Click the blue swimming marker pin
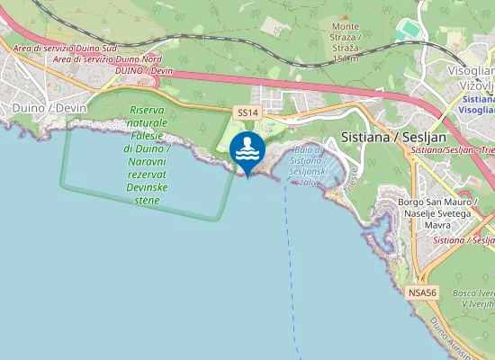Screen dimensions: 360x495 pyautogui.click(x=247, y=150)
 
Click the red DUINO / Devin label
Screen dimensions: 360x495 pyautogui.click(x=143, y=70)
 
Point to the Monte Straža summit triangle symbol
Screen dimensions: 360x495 pyautogui.click(x=346, y=26)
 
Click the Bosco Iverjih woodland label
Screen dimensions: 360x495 pyautogui.click(x=472, y=299)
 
